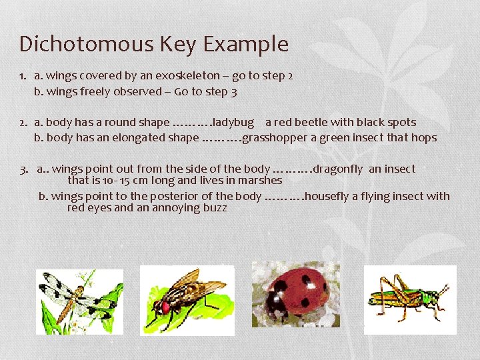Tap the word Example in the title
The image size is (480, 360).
(x=246, y=44)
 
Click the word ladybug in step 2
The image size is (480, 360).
(x=233, y=122)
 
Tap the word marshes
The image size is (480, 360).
(x=258, y=180)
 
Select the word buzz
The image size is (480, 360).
(x=215, y=207)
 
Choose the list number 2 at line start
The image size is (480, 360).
(x=23, y=122)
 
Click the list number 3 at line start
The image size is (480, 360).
(x=23, y=169)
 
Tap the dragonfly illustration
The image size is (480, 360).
(x=79, y=301)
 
